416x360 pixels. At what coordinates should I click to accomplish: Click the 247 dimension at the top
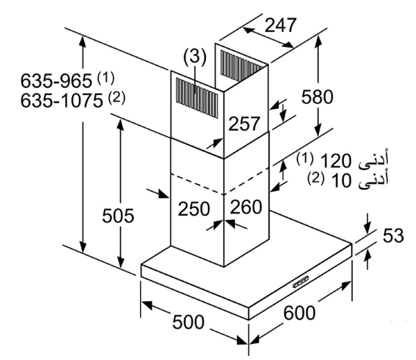tap(280, 25)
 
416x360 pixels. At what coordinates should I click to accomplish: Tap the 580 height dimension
tap(318, 96)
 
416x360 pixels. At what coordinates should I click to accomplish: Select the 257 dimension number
tap(244, 123)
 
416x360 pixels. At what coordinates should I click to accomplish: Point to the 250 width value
tap(194, 209)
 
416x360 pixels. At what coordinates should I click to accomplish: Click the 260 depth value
tap(246, 207)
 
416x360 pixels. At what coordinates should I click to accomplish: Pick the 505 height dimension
tap(118, 215)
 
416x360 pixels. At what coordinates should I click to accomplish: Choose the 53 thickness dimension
tap(393, 235)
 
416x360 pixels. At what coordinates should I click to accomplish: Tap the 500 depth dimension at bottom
tap(189, 322)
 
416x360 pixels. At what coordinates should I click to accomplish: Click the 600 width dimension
tap(300, 313)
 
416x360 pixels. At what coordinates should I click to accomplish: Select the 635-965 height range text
tap(56, 80)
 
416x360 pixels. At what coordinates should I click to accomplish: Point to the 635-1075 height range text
tap(62, 101)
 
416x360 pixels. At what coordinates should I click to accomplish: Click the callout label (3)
tap(195, 57)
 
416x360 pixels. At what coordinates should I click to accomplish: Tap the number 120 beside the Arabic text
tap(336, 161)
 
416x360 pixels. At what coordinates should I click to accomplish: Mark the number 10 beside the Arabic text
tap(341, 180)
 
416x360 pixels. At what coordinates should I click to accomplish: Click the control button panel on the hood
tap(302, 282)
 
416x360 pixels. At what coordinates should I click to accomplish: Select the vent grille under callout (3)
tap(197, 97)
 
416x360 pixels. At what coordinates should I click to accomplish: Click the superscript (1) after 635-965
tap(106, 78)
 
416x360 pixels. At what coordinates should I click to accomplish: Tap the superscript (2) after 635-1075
tap(116, 97)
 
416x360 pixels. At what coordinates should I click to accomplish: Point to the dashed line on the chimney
tap(224, 184)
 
